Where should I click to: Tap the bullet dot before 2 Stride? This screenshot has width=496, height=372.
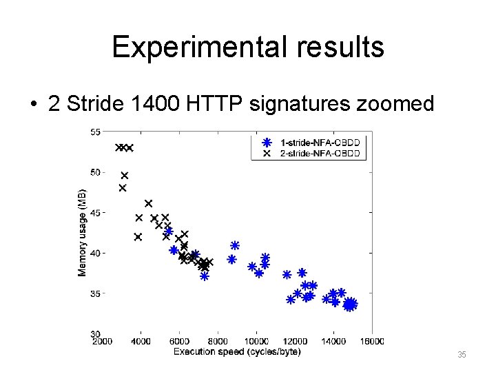[33, 105]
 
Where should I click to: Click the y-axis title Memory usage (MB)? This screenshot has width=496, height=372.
[83, 232]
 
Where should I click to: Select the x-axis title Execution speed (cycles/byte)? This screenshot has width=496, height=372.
[237, 352]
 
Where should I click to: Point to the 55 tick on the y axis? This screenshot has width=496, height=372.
[95, 132]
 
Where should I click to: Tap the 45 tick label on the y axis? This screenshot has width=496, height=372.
[95, 212]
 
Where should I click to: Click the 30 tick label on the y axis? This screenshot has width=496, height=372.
[95, 333]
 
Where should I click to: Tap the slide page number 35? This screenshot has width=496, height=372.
[462, 355]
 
